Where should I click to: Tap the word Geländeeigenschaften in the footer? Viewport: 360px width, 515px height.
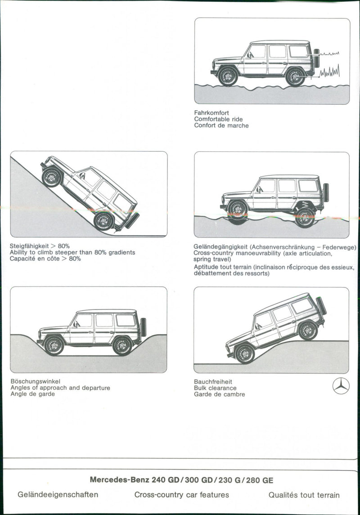[x=58, y=495]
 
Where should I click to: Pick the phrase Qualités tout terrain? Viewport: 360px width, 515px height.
[x=304, y=495]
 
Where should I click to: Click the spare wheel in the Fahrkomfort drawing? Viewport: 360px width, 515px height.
[x=316, y=58]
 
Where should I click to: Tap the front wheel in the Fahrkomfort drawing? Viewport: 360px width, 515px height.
[x=228, y=76]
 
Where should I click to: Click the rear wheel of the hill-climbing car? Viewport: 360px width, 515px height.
[x=103, y=221]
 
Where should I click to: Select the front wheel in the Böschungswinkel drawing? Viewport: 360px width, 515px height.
[x=54, y=345]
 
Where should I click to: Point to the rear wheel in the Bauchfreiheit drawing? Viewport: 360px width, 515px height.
[x=308, y=331]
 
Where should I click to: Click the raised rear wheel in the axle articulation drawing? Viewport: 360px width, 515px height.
[x=305, y=217]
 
